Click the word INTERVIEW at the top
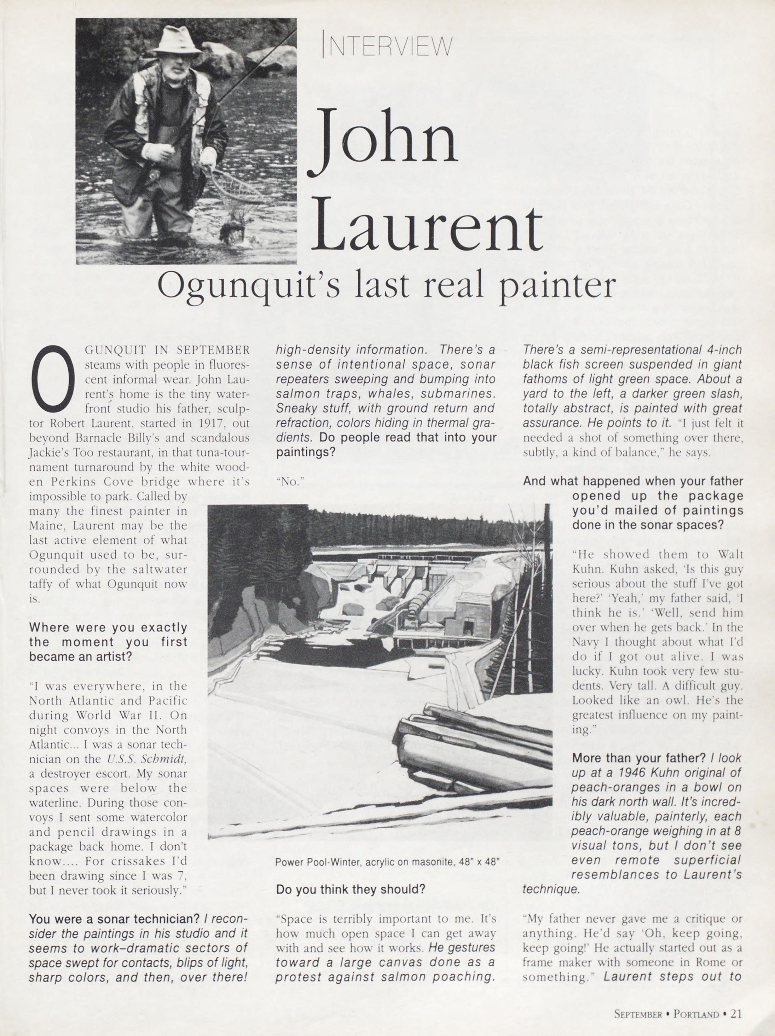pos(388,46)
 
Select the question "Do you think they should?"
pos(350,888)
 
